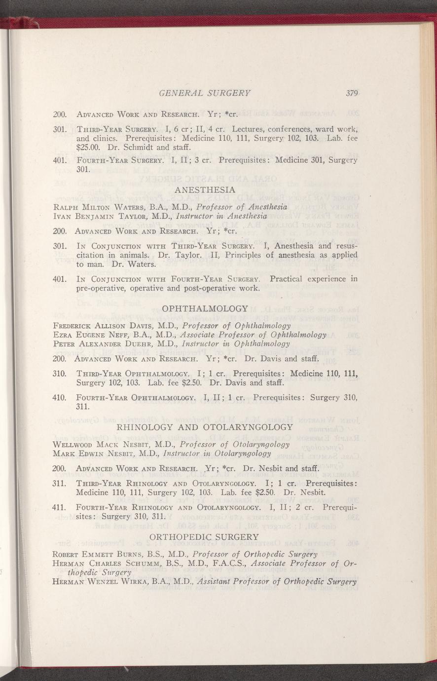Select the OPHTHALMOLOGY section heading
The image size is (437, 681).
tap(205, 308)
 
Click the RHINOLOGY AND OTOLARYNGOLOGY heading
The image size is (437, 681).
tap(204, 427)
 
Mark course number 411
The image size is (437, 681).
tap(59, 507)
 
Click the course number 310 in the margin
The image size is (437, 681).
tap(59, 373)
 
